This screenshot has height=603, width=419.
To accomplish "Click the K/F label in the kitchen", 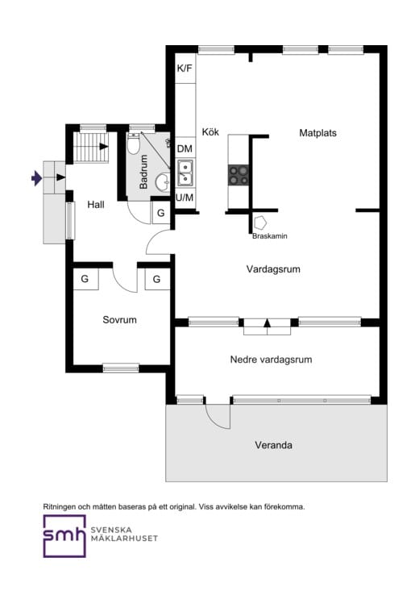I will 185,69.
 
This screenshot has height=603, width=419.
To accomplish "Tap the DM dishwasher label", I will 185,148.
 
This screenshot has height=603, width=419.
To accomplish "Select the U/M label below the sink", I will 185,198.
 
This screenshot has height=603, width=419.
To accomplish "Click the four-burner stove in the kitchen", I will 239,175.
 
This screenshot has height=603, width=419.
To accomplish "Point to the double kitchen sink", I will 185,173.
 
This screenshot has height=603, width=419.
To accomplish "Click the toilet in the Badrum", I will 135,145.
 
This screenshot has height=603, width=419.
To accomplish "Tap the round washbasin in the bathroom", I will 162,181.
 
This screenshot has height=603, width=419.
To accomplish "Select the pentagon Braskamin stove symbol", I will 261,222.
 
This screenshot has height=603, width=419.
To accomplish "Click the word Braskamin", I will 269,236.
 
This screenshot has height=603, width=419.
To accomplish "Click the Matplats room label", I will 317,133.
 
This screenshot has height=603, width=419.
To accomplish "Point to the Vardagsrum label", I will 273,269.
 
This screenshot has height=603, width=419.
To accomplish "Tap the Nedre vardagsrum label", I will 271,360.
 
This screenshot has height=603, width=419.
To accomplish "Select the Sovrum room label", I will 119,320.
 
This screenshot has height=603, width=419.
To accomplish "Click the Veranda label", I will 273,445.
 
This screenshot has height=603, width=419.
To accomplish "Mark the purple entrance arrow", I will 35,178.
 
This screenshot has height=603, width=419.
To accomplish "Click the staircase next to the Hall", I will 90,148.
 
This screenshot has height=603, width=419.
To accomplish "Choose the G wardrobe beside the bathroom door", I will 160,214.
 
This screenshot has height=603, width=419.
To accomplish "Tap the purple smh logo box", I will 64,536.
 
